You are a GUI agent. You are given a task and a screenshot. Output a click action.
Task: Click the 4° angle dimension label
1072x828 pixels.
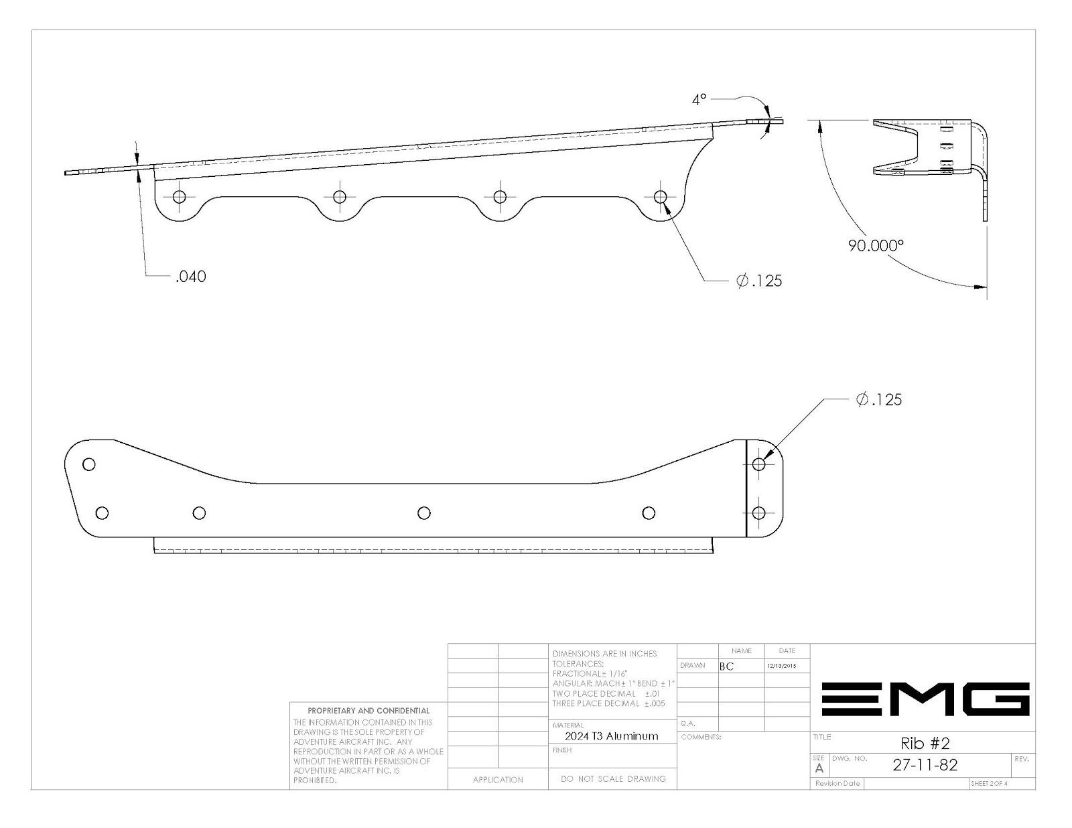(x=699, y=100)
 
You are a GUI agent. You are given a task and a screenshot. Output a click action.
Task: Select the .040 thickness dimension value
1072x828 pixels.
(x=191, y=277)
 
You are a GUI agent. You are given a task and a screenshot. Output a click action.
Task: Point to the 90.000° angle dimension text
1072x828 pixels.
(x=876, y=246)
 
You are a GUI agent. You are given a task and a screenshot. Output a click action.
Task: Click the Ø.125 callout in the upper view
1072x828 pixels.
(x=759, y=281)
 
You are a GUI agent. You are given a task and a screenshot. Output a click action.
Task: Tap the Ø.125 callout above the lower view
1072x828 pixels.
(x=879, y=399)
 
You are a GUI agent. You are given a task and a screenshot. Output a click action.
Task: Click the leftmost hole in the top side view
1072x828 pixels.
(x=179, y=197)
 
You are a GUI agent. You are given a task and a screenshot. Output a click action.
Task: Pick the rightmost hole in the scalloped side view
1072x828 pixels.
(x=660, y=197)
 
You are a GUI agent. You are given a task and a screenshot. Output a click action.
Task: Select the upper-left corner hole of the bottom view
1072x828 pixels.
(x=89, y=464)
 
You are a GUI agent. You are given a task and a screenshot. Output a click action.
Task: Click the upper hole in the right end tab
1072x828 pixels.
(x=758, y=464)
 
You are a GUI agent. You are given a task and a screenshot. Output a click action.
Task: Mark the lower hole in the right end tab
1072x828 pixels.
(x=758, y=513)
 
